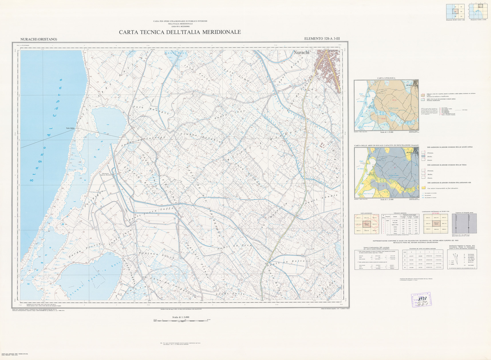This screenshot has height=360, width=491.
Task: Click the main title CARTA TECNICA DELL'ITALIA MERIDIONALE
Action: pos(180,32)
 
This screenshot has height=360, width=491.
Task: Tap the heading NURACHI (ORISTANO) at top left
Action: pos(39,39)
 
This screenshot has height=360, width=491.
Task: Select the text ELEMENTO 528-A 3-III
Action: pos(322,39)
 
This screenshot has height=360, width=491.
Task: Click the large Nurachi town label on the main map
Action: pos(301,52)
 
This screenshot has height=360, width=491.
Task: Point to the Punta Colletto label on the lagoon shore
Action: pos(70,128)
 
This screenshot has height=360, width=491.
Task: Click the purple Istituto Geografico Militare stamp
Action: pos(421,300)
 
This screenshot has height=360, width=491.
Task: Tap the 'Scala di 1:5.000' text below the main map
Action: pos(181,317)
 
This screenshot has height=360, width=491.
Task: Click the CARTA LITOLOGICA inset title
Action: pos(386,78)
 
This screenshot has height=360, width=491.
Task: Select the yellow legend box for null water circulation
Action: pos(423,188)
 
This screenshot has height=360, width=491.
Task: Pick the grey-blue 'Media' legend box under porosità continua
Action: pos(423,157)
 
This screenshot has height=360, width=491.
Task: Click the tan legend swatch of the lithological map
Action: pos(423,95)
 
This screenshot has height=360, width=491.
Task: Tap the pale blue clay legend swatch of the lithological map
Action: pos(423,100)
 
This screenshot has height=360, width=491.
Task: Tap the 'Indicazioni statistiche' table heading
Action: pos(400,213)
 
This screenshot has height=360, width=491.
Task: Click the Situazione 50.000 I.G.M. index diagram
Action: pos(455,11)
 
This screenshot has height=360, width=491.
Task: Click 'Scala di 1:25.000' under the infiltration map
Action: pos(387,199)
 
